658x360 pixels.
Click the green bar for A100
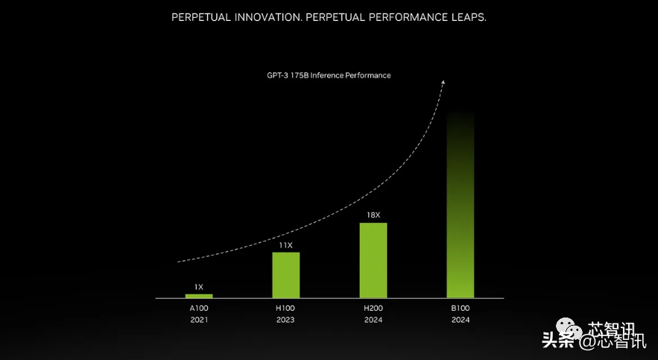coord(199,296)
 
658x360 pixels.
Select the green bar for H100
coord(285,275)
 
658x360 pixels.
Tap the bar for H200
coord(373,260)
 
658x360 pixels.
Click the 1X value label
coord(199,286)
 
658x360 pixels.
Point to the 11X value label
coord(285,244)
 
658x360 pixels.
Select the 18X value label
coord(373,215)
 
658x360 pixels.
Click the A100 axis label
coord(199,307)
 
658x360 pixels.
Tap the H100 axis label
coord(285,307)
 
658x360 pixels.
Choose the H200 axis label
coord(373,307)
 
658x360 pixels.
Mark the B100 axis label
coord(460,307)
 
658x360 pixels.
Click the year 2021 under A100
coord(199,320)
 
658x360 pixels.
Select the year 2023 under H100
coord(285,320)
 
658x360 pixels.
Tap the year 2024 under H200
coord(373,320)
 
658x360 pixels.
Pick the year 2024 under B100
coord(460,320)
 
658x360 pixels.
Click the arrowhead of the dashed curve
coord(443,82)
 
